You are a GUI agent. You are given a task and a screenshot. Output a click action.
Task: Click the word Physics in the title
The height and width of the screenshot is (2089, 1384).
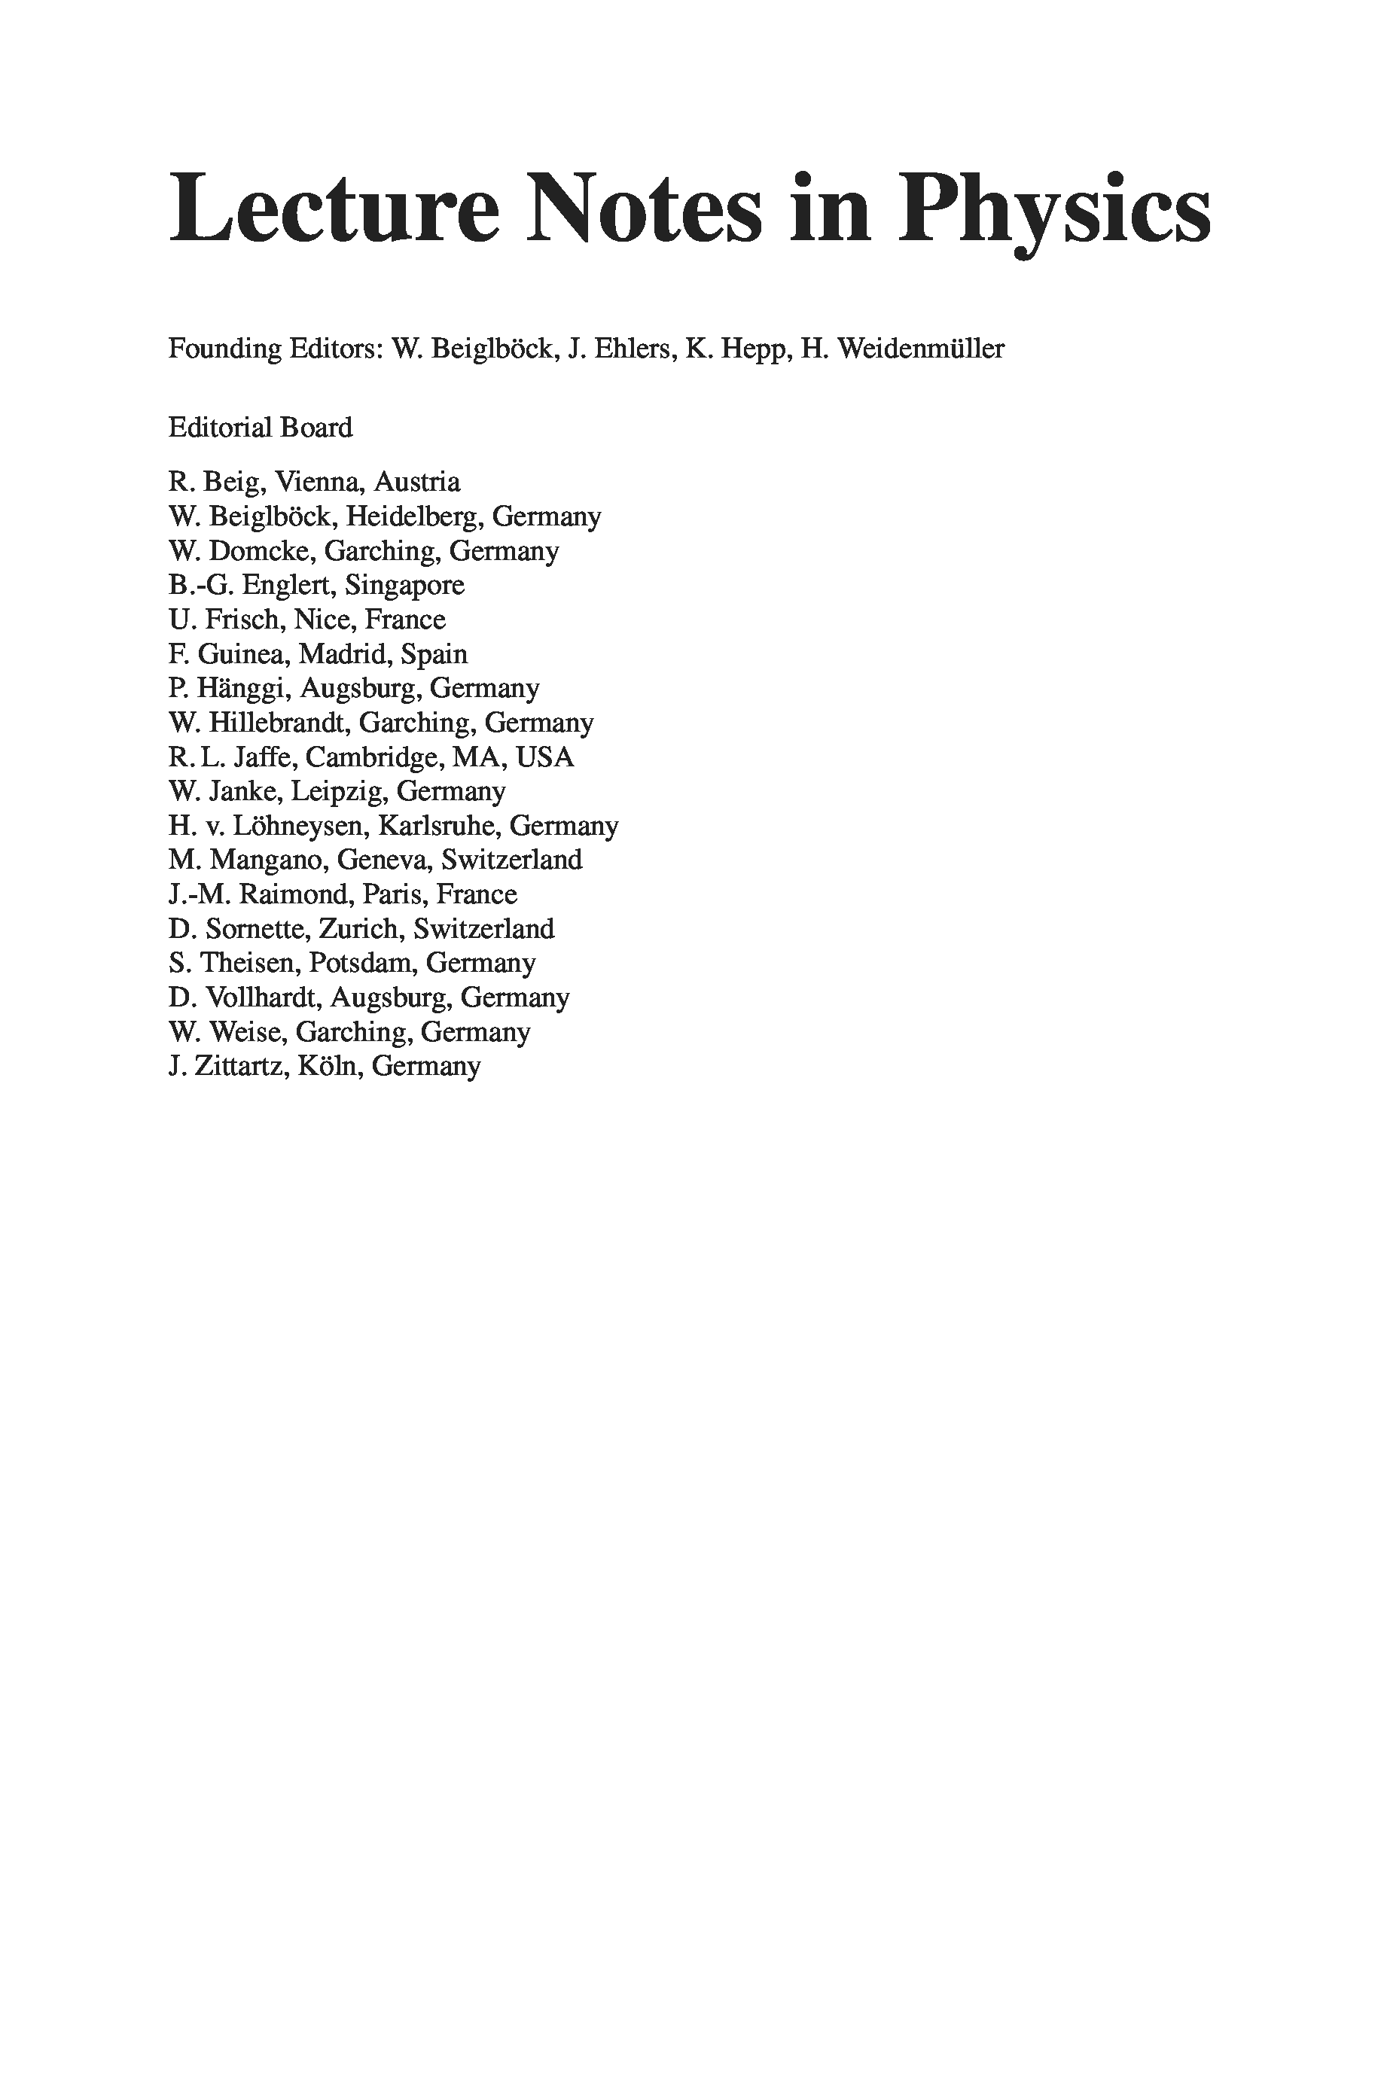1055,210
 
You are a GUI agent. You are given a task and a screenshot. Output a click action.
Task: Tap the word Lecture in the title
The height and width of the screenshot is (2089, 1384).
334,210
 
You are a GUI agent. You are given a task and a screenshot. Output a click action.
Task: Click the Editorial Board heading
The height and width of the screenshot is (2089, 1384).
261,428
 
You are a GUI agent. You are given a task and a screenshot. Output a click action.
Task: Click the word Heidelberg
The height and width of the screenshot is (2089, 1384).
414,517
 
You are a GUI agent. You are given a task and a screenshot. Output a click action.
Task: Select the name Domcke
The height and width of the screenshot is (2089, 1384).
261,551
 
